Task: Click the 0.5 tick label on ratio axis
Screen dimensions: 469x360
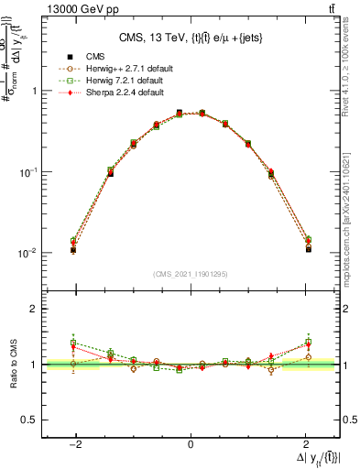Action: [x=29, y=420]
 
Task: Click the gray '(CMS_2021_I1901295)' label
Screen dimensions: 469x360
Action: [x=190, y=274]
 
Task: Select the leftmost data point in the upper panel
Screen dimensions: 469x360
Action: [x=73, y=249]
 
